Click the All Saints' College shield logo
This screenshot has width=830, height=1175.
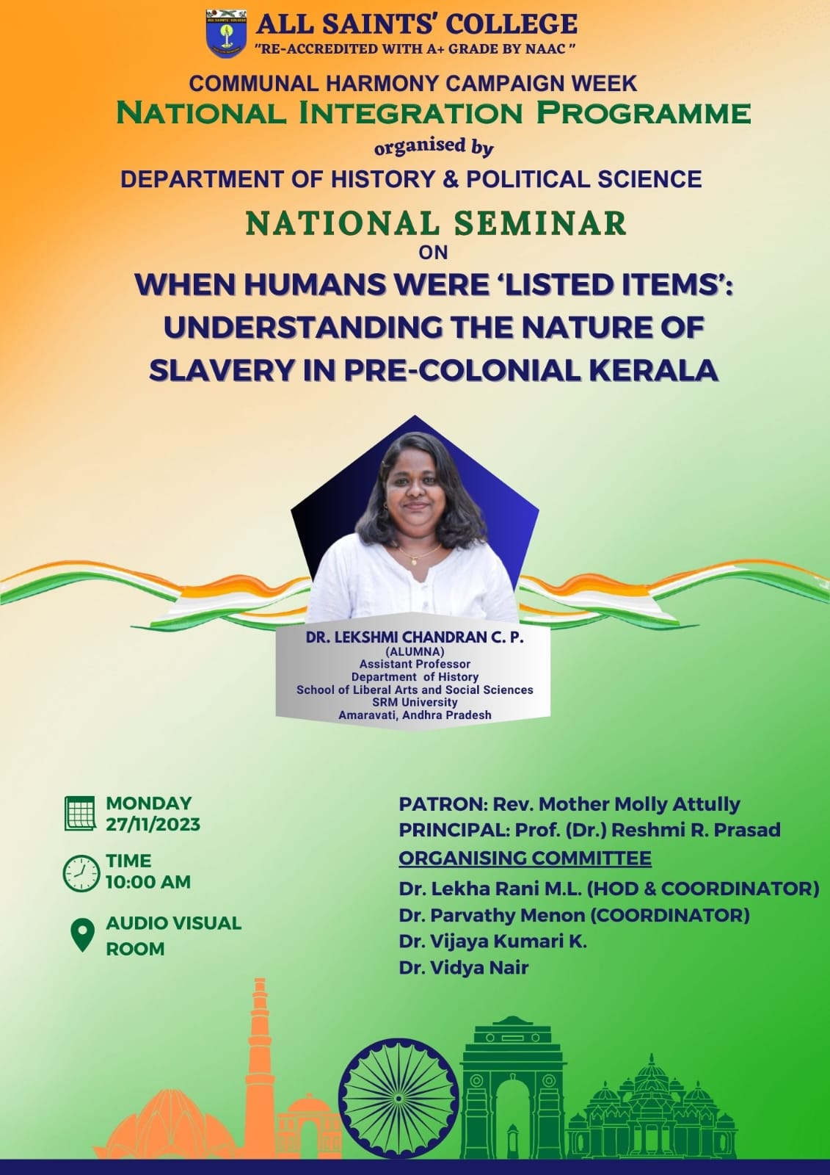[226, 33]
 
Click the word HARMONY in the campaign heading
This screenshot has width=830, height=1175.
[376, 84]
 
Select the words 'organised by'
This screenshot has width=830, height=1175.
[434, 148]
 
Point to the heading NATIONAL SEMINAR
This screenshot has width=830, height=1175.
[436, 223]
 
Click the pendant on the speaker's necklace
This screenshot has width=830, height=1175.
[414, 561]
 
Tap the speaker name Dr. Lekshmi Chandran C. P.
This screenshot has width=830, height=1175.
[415, 637]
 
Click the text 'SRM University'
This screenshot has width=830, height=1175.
[415, 702]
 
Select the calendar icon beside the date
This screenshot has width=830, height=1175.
[80, 813]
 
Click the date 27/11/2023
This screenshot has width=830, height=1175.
[153, 825]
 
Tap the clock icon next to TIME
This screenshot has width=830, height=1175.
[81, 873]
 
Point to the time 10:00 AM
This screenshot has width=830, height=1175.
[148, 882]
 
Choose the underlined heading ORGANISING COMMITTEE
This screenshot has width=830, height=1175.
[525, 858]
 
